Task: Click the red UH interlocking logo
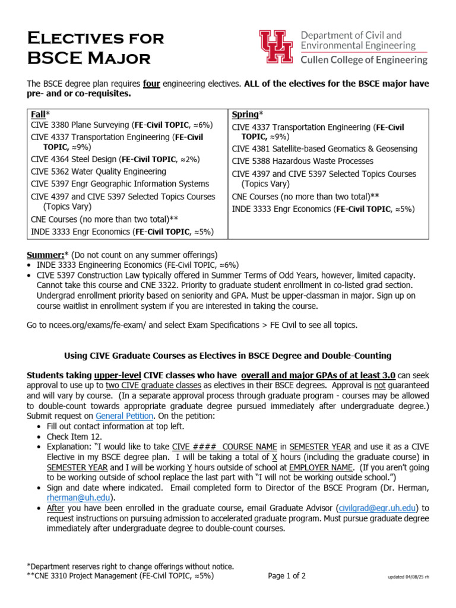pyautogui.click(x=276, y=46)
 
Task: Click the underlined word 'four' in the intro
pyautogui.click(x=152, y=84)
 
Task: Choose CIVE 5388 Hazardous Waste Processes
pyautogui.click(x=302, y=161)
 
